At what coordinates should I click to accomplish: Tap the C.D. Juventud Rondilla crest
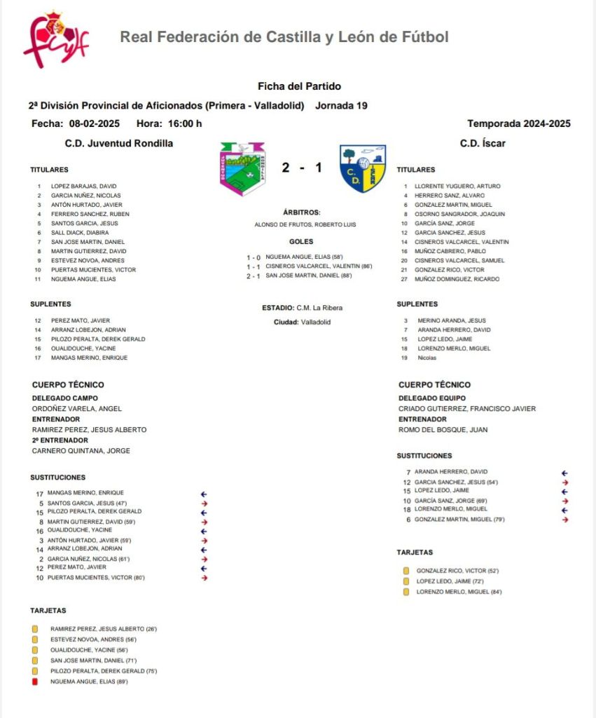pos(242,168)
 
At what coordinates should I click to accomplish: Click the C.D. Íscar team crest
pos(363,168)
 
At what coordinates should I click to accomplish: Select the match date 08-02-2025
pos(94,124)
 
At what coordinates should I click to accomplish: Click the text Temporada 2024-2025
pos(518,124)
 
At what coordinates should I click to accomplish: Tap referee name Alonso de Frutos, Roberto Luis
pos(305,224)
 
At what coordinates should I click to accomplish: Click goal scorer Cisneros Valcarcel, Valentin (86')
pos(319,266)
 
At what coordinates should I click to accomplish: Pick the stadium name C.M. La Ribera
pos(319,308)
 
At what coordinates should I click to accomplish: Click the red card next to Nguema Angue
pos(34,681)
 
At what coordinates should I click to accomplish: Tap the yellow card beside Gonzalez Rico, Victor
pos(406,571)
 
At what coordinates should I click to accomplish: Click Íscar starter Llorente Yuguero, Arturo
pos(456,187)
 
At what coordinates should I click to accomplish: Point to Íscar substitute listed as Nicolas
pos(427,358)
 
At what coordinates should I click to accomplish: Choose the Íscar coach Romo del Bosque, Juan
pos(443,430)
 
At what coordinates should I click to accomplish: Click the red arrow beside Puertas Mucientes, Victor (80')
pos(205,578)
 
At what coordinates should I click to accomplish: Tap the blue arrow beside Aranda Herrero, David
pos(564,473)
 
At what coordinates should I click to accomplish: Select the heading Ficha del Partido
pos(299,86)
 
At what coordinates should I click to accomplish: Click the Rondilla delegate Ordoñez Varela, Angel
pos(77,409)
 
